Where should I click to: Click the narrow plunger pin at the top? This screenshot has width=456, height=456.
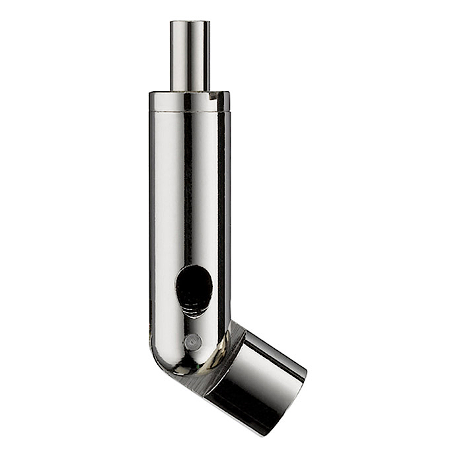click(190, 56)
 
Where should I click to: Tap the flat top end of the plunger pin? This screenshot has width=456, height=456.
click(190, 23)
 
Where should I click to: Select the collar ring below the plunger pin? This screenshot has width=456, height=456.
click(190, 101)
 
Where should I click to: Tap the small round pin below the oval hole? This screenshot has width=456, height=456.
click(192, 342)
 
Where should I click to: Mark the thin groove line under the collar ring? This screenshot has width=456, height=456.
click(190, 112)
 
